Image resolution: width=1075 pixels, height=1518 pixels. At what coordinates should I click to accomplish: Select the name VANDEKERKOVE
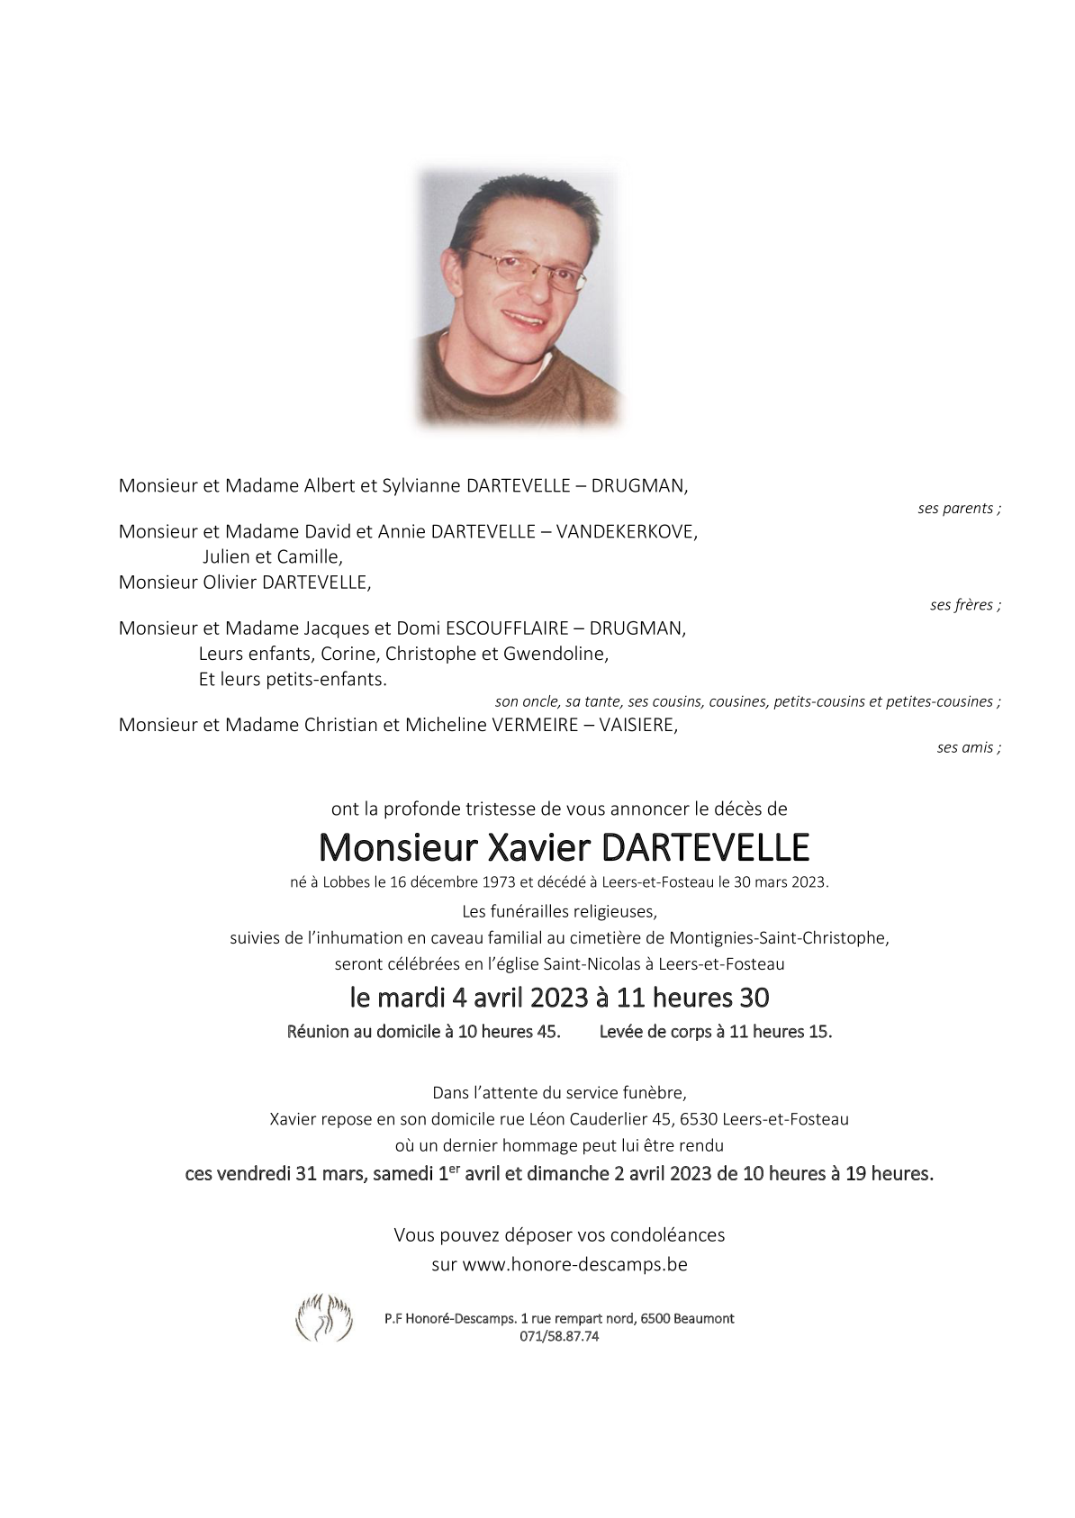[626, 531]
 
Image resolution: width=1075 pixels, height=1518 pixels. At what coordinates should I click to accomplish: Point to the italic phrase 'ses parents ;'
[959, 509]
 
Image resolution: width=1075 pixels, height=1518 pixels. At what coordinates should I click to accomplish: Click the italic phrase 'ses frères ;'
[965, 605]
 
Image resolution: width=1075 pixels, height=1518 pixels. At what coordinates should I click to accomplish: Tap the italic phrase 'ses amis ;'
[969, 747]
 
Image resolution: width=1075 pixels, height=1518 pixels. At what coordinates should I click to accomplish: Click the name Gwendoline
[563, 654]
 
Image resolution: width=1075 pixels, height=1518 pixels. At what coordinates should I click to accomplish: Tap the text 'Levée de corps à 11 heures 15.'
[716, 1032]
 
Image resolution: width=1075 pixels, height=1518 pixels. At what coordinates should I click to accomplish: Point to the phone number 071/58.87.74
[559, 1336]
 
